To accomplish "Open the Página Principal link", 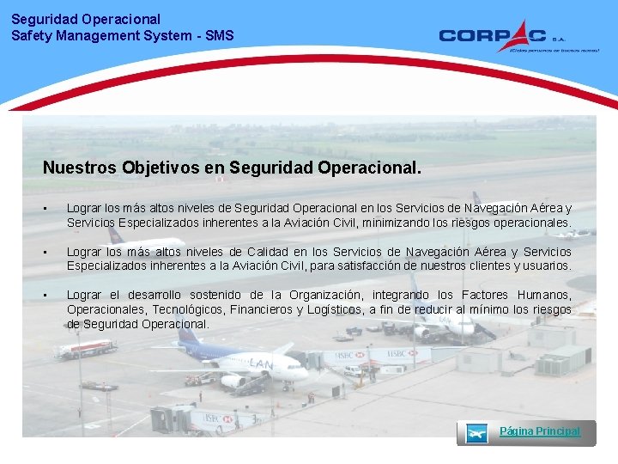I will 539,431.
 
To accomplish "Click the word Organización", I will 325,295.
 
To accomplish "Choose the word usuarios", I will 544,266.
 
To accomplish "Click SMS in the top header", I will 219,35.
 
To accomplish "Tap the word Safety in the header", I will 29,35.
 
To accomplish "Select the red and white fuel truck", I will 85,349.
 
